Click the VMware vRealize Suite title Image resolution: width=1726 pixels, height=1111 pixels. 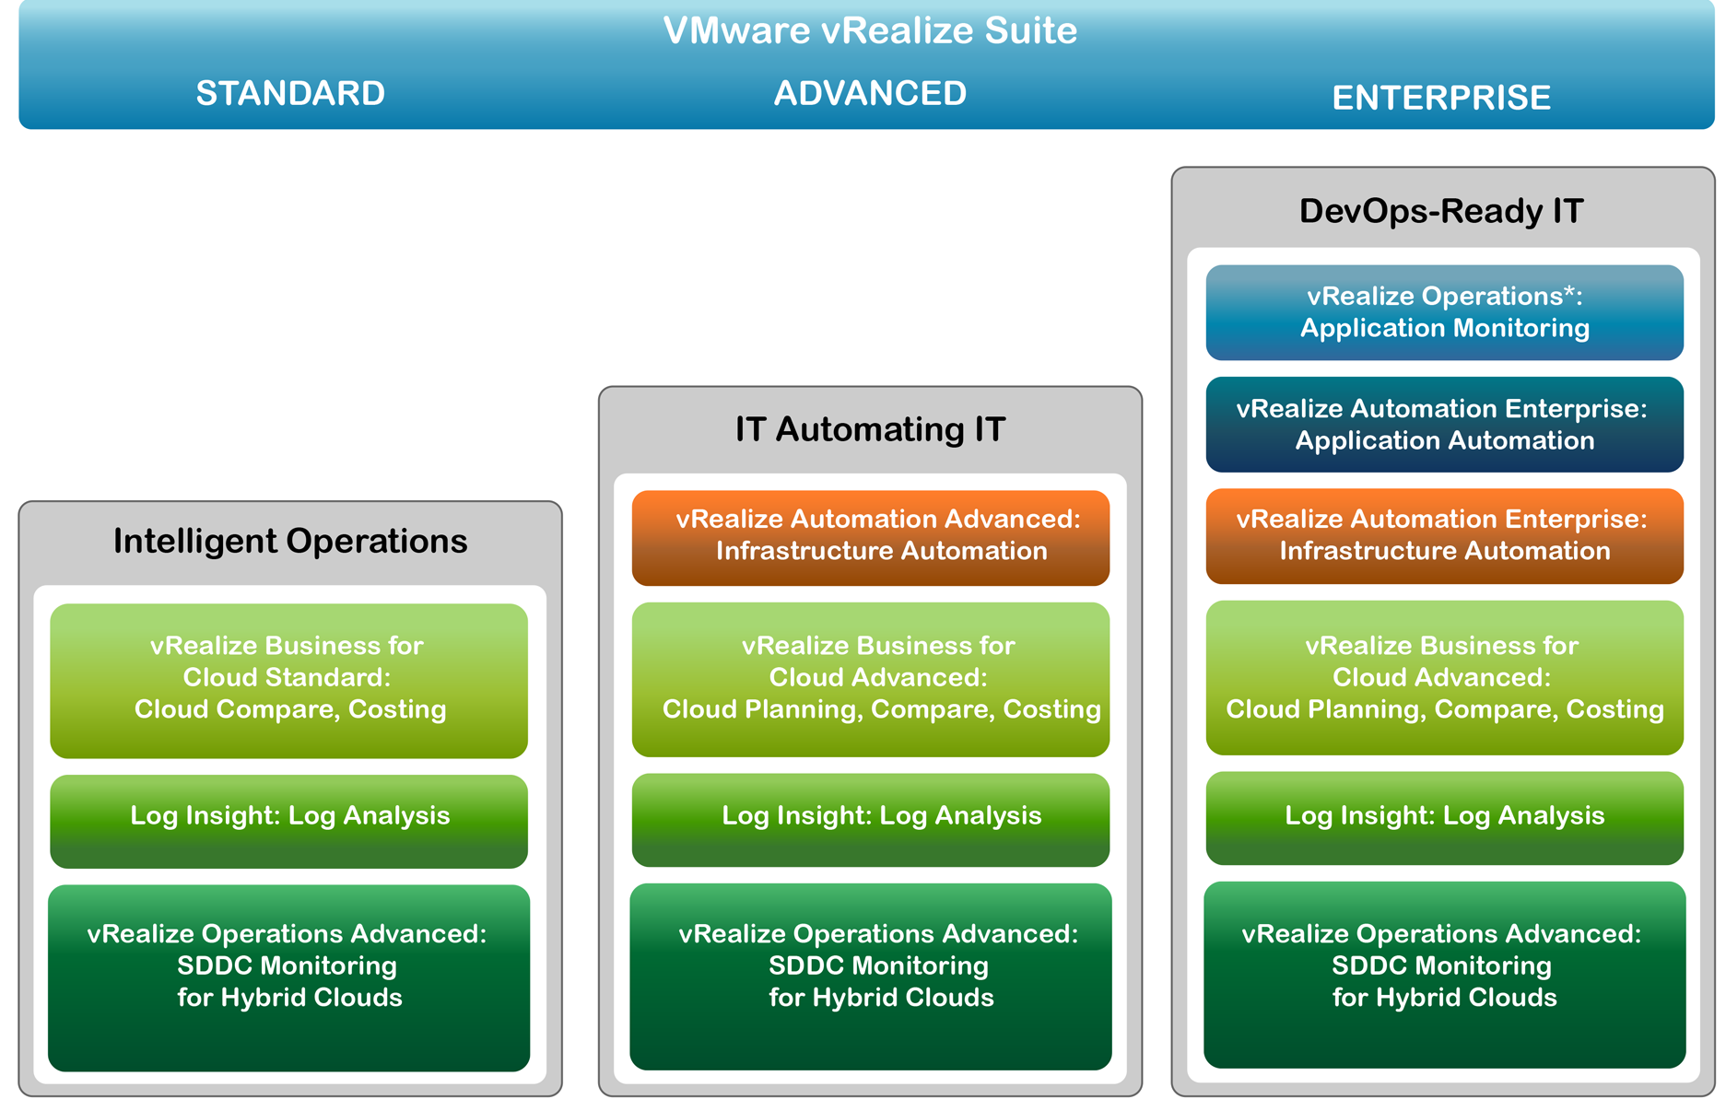pos(870,30)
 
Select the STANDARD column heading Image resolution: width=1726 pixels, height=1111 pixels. pos(290,93)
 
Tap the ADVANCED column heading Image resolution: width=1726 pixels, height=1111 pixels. pos(870,93)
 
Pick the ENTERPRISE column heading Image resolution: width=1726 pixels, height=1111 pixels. pos(1441,98)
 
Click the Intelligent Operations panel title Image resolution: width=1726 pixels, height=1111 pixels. pos(290,541)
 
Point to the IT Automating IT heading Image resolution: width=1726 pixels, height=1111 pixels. pos(870,429)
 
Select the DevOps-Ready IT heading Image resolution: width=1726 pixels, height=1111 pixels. pos(1441,211)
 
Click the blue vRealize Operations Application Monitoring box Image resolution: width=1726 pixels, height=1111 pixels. pos(1444,312)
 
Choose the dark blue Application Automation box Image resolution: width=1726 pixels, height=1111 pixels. pos(1444,425)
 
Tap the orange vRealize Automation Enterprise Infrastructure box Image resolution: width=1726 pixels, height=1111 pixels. pos(1444,536)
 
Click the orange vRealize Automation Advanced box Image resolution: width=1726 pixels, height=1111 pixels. pos(870,538)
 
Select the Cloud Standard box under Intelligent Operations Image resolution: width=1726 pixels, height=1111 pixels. pos(288,681)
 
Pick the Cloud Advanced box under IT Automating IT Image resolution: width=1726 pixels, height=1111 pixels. pos(870,679)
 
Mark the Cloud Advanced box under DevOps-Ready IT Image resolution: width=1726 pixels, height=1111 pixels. pos(1444,677)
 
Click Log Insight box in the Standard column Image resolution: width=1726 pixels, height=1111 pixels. pos(288,821)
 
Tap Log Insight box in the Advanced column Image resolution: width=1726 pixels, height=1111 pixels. pos(870,819)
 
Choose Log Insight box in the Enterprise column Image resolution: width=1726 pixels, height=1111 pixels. pos(1444,817)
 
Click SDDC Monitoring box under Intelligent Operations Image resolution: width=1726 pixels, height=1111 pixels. pos(288,977)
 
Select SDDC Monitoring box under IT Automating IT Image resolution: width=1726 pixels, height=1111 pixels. pos(870,976)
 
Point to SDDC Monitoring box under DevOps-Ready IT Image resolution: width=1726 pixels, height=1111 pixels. pos(1444,974)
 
